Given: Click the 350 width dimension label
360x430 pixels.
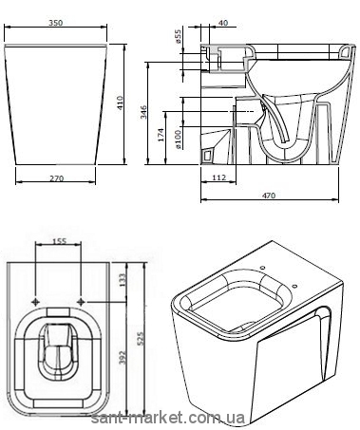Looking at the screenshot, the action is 56,23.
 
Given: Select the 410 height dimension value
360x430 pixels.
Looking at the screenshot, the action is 121,103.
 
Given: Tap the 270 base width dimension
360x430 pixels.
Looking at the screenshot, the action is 56,178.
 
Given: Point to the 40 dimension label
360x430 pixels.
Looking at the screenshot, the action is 223,23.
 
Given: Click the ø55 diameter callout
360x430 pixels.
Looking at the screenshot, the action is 178,36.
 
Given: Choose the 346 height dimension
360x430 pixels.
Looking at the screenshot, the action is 143,112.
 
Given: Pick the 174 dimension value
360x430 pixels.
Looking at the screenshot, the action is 161,135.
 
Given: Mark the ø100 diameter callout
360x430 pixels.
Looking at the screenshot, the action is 178,140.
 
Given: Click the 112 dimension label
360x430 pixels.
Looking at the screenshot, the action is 218,178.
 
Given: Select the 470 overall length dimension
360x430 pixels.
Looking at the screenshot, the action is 269,196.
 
